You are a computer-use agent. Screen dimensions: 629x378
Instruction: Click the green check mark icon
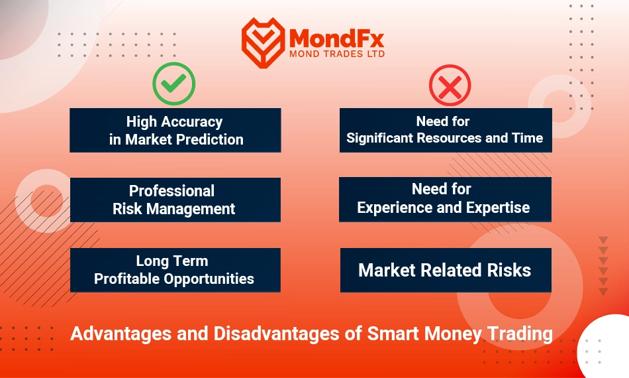click(173, 84)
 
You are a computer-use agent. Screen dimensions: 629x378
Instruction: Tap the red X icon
click(450, 85)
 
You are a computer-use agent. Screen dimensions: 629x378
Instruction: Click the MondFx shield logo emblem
click(263, 42)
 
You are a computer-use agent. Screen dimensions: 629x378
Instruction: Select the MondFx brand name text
click(336, 38)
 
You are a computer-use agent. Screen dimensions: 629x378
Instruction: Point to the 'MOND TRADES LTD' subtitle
click(337, 54)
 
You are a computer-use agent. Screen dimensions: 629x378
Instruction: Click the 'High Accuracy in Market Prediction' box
click(175, 130)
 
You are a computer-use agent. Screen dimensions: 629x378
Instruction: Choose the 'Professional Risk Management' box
click(175, 200)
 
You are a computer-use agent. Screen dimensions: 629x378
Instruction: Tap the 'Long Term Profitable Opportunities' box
click(175, 270)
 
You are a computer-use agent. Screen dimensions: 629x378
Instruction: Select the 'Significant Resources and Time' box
click(446, 130)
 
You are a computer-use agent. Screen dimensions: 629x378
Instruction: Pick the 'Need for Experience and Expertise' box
click(446, 200)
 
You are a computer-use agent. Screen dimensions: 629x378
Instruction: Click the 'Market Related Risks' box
click(446, 270)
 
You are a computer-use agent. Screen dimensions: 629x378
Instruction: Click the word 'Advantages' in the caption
click(121, 334)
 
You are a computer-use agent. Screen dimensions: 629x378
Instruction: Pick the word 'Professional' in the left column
click(171, 191)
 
